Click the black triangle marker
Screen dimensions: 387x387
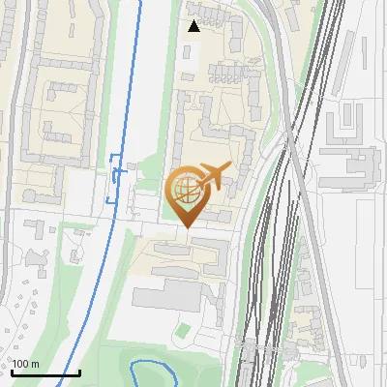pyautogui.click(x=193, y=26)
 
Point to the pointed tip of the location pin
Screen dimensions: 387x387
pyautogui.click(x=185, y=227)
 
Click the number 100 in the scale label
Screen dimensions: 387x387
pyautogui.click(x=21, y=364)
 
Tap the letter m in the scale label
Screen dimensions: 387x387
pyautogui.click(x=36, y=364)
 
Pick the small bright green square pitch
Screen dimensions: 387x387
pyautogui.click(x=182, y=330)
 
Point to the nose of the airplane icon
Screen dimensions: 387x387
pyautogui.click(x=230, y=165)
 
